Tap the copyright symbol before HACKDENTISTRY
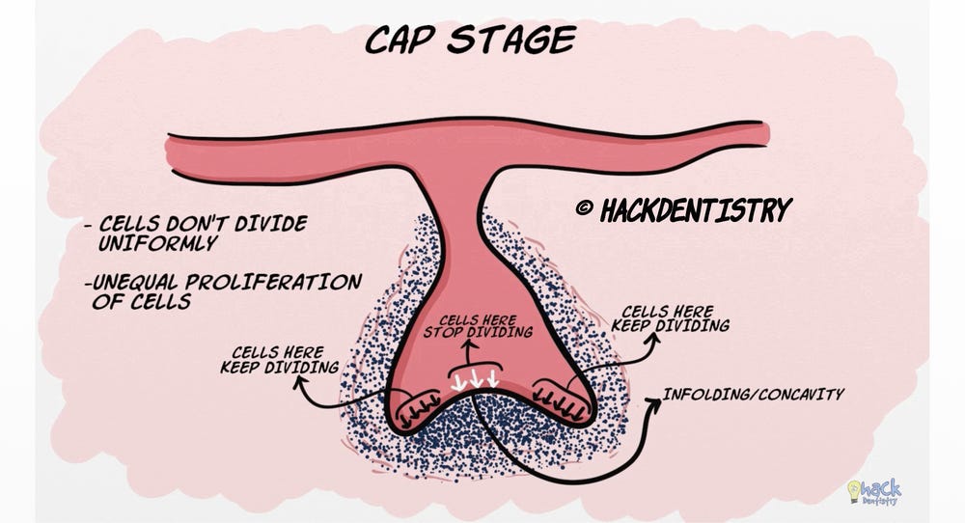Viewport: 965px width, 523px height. point(585,209)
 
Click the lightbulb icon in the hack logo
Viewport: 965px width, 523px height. point(856,489)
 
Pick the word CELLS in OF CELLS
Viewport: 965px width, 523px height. point(161,302)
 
